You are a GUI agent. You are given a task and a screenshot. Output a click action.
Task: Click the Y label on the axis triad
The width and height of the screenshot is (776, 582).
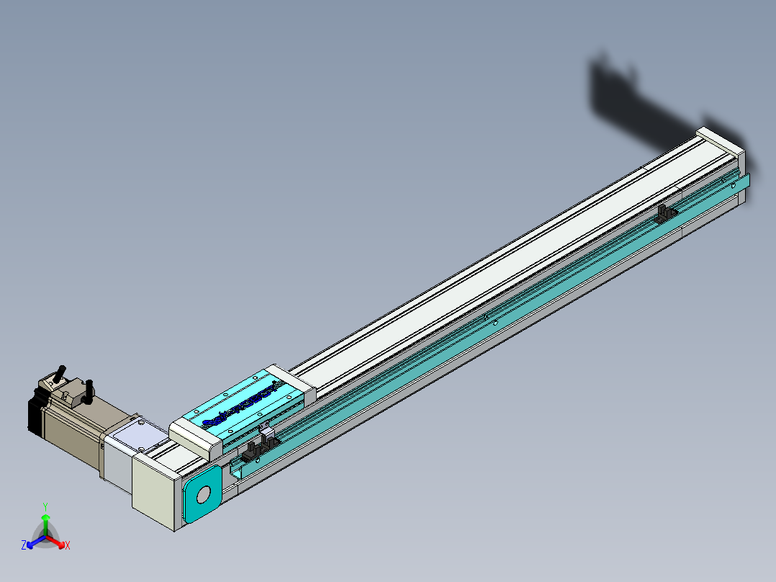click(45, 506)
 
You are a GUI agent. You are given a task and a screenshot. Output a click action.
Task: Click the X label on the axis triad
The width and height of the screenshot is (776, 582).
click(68, 546)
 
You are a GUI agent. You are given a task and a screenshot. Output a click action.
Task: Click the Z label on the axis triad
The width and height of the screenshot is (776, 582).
click(23, 546)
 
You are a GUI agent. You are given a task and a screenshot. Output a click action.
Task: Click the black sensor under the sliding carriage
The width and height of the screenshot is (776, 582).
click(253, 452)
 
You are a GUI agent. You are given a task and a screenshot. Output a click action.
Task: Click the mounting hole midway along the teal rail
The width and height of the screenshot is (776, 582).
click(495, 323)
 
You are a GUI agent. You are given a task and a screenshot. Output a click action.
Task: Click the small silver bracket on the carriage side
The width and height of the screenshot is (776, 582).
click(268, 434)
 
